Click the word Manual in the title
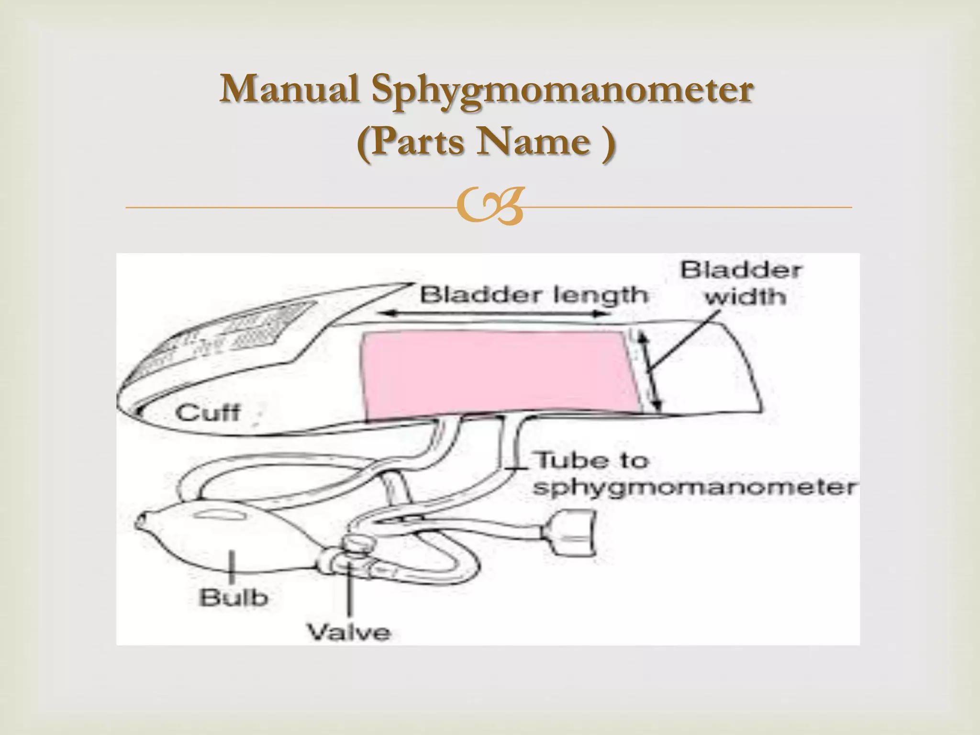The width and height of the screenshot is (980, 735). click(290, 89)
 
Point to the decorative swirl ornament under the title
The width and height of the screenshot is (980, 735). click(489, 207)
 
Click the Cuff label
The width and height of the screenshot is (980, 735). click(207, 412)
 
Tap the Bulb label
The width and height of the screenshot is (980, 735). click(233, 598)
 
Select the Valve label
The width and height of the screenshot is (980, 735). click(348, 632)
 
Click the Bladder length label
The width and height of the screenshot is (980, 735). click(534, 295)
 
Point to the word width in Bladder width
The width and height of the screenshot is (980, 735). click(745, 297)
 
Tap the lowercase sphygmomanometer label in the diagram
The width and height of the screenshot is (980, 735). click(694, 488)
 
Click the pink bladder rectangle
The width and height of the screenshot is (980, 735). click(498, 373)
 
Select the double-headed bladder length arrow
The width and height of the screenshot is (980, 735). click(498, 314)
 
